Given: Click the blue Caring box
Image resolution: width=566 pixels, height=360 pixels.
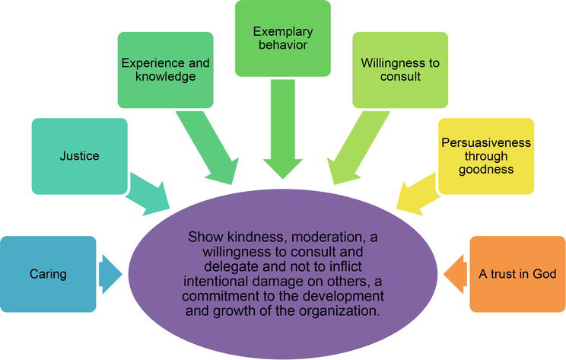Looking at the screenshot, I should tap(48, 273).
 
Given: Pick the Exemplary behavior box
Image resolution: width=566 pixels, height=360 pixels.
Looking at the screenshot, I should tap(282, 38).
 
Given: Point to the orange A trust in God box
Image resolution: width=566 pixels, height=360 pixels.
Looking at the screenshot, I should tap(517, 274).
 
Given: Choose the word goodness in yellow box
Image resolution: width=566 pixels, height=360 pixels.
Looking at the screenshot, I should tap(485, 170).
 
